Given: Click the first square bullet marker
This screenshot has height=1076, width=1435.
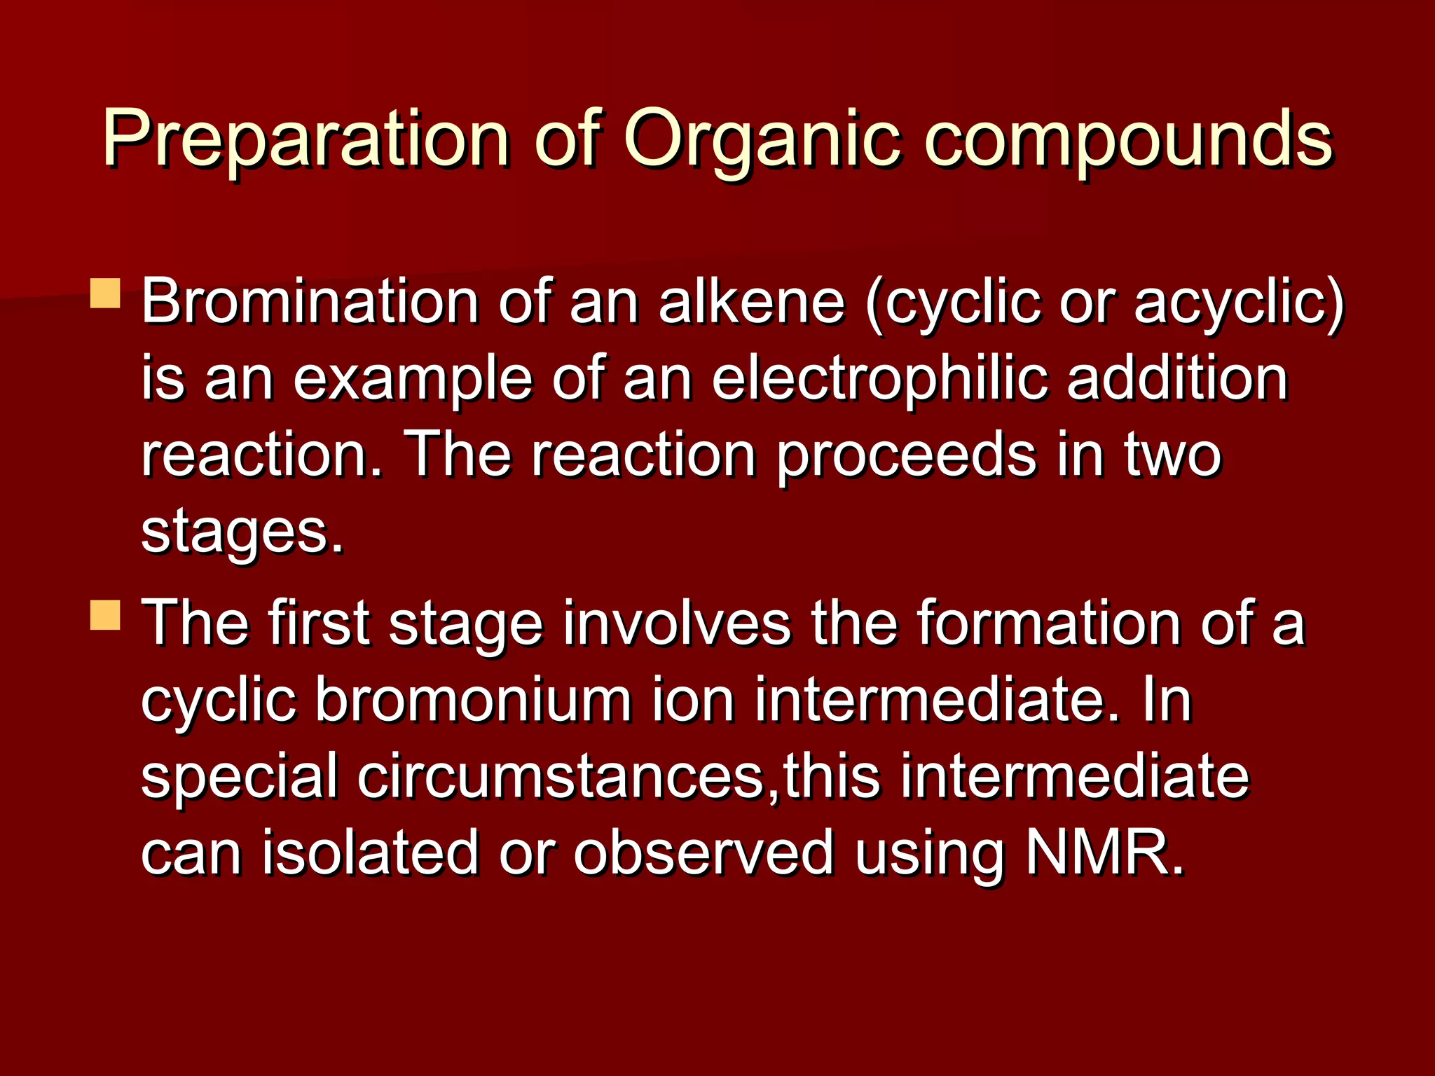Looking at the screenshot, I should click(106, 294).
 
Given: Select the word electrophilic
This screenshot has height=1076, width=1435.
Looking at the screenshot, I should click(880, 379).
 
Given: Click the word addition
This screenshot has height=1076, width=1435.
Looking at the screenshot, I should click(1177, 379).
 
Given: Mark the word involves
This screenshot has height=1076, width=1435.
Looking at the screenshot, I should click(677, 623).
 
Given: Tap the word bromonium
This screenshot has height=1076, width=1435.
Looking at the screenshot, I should click(473, 700).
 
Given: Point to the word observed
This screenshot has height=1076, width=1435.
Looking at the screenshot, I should click(703, 853).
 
